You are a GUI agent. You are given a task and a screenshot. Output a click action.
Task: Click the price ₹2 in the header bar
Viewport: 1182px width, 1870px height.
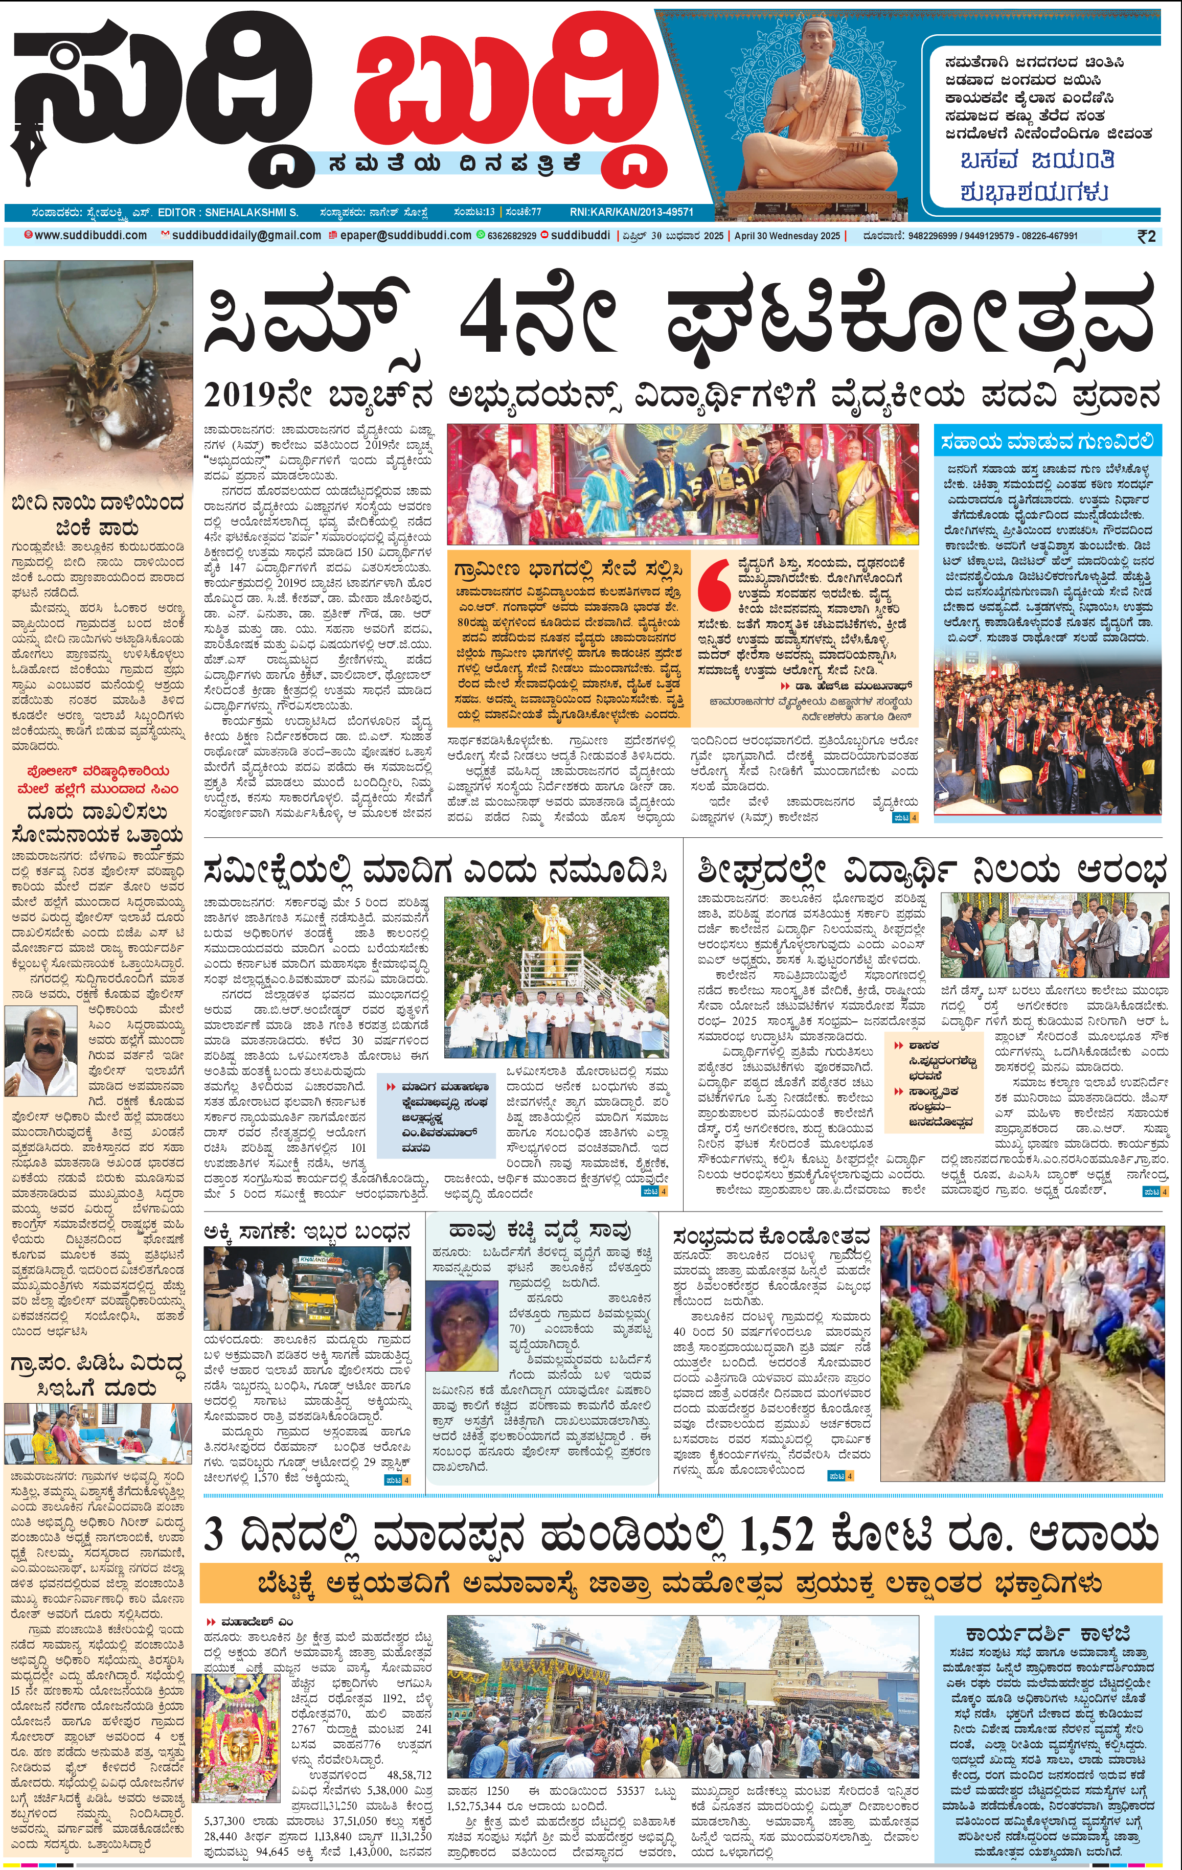[x=1146, y=236]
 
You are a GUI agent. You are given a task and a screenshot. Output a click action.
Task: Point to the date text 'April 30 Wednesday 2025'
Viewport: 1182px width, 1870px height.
[x=787, y=235]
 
